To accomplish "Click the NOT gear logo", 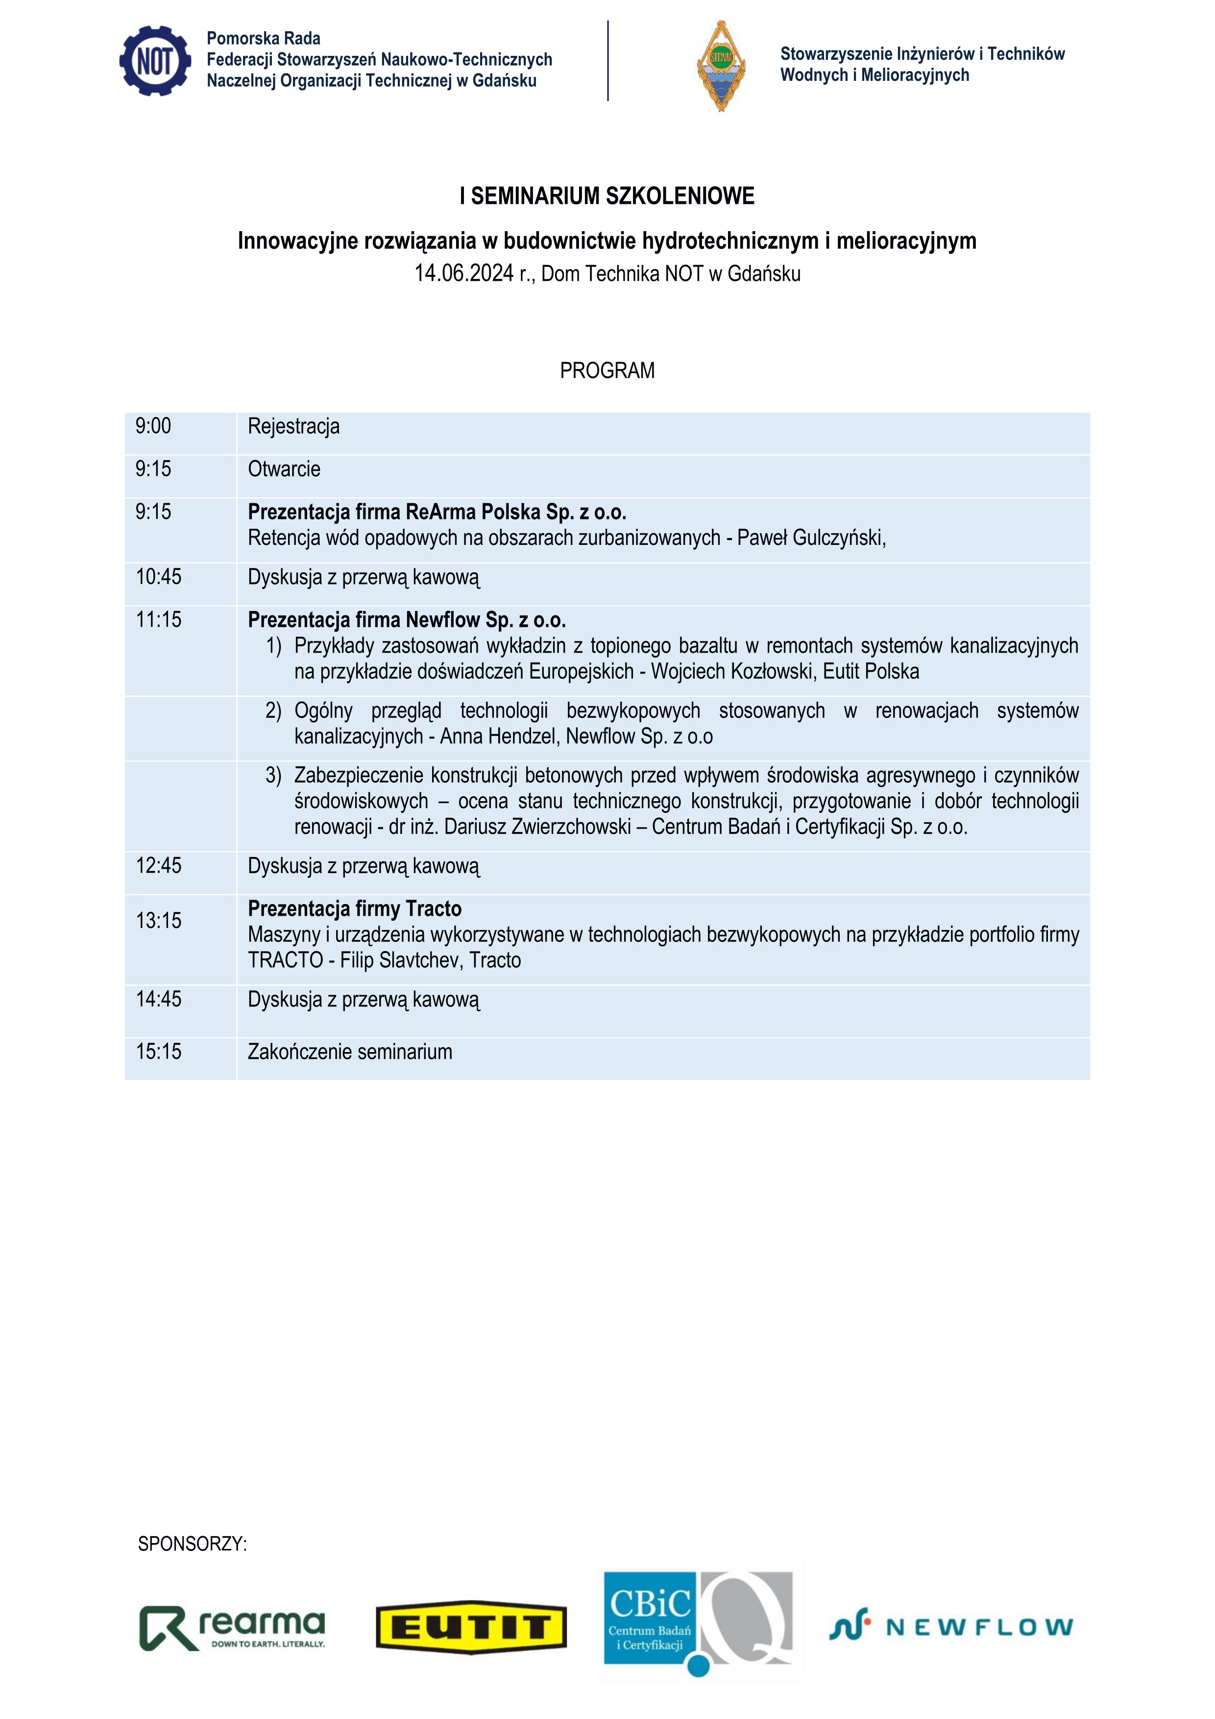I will (x=155, y=61).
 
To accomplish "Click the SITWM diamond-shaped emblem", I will (x=721, y=66).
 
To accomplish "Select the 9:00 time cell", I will (x=153, y=426).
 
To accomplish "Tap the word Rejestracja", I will (x=293, y=426).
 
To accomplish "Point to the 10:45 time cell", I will (x=159, y=576).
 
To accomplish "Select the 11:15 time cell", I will (x=159, y=619).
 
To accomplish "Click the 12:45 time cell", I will (x=159, y=865).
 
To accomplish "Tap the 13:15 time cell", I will (x=159, y=920).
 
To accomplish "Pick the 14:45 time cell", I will (x=159, y=999).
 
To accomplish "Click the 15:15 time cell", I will (x=159, y=1051).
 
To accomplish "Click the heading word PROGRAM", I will (x=607, y=370).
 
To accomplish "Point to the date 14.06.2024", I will (x=464, y=273).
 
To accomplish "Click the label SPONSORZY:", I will (x=193, y=1544).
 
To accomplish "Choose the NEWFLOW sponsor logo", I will (x=951, y=1627).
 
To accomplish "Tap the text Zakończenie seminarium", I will (x=350, y=1051).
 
